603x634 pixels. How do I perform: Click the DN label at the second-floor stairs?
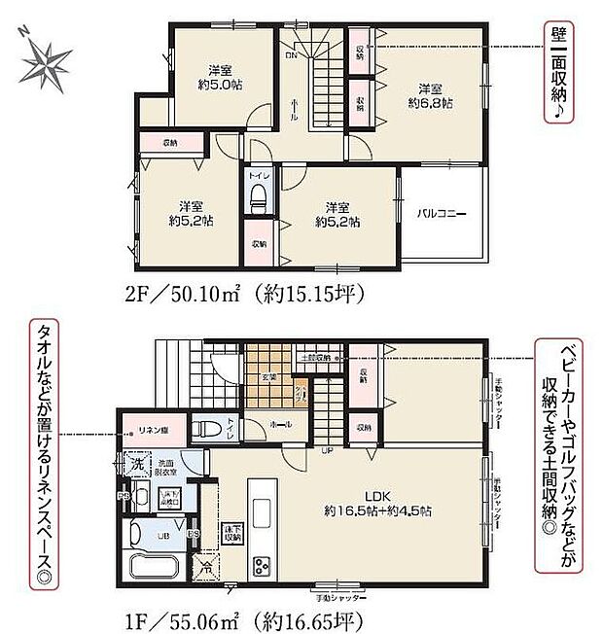tap(291, 55)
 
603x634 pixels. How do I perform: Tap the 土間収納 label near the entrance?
tap(315, 359)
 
